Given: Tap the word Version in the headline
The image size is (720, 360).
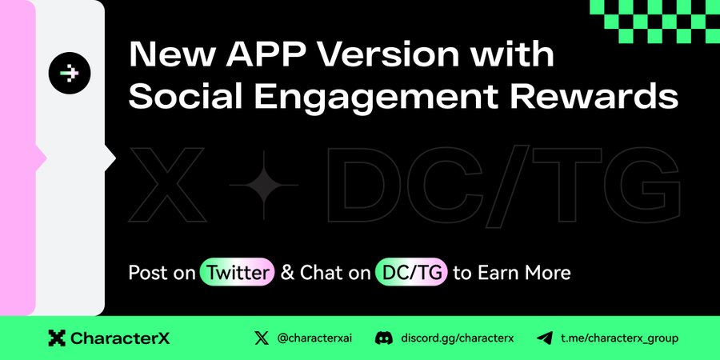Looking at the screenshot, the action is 389,54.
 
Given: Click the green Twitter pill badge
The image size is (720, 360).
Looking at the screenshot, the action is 237,272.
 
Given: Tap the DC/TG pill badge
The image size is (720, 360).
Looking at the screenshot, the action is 411,272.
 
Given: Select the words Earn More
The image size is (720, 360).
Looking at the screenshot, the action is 524,273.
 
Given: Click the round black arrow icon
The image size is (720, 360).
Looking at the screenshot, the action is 70,73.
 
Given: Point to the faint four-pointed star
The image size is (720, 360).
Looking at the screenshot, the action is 263,185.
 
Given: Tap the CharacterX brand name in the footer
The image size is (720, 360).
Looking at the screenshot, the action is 120,339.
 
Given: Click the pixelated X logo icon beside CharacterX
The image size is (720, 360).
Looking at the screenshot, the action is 57,338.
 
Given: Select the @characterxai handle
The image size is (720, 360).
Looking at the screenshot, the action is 314,339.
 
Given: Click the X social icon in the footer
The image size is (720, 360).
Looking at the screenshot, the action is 262,339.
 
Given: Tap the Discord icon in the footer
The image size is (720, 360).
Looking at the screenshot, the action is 384,339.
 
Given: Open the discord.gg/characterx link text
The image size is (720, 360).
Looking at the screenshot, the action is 458,339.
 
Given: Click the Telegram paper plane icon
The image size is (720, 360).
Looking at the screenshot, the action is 544,339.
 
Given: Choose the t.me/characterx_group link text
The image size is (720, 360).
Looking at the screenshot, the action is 619,339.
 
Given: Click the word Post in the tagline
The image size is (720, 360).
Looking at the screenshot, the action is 144,273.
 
